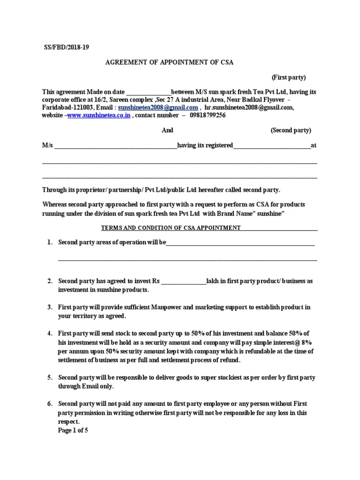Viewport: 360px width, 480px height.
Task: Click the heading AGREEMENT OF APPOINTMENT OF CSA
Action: click(x=169, y=62)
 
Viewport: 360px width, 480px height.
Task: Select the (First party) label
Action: click(x=289, y=77)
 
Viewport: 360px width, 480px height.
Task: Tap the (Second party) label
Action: click(x=291, y=130)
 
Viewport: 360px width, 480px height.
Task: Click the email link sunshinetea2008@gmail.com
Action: click(x=158, y=107)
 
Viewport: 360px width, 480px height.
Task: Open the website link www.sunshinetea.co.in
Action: click(x=99, y=115)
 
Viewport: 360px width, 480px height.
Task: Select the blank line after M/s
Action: click(x=115, y=146)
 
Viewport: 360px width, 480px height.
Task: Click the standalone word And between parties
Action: click(x=167, y=130)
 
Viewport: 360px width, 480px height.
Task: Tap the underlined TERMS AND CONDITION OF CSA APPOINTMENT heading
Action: click(x=171, y=228)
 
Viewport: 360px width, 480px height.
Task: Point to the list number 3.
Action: click(x=49, y=307)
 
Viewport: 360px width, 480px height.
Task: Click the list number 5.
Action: click(x=49, y=377)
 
